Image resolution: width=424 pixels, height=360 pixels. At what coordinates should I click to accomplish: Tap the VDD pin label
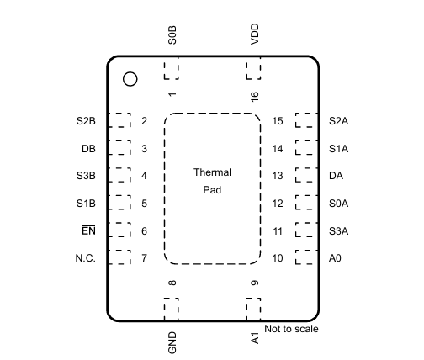[255, 34]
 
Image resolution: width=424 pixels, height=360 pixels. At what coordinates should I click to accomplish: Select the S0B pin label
[172, 35]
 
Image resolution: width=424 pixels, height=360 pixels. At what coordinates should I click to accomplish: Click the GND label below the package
[172, 342]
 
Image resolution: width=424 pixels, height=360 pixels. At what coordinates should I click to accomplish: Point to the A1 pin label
[255, 338]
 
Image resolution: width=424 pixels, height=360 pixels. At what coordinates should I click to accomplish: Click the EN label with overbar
[88, 230]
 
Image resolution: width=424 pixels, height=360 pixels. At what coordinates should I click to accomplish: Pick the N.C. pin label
[86, 258]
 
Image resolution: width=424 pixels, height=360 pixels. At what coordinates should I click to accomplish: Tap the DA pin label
[336, 176]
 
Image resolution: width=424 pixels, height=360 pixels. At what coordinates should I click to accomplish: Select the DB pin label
[88, 149]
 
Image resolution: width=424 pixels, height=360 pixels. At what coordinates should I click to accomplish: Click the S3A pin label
[339, 231]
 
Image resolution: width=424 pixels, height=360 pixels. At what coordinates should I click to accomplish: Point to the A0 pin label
[335, 258]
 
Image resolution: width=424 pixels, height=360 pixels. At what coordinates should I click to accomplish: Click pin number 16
[255, 97]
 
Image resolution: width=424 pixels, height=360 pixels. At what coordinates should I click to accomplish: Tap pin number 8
[172, 283]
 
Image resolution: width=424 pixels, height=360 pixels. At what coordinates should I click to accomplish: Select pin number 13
[278, 176]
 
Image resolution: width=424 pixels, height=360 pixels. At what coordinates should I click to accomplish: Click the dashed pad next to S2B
[119, 120]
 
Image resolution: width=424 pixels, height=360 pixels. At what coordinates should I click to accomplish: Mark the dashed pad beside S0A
[306, 203]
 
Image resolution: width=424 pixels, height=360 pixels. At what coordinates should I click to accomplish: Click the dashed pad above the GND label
[171, 310]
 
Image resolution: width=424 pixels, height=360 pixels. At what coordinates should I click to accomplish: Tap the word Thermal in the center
[212, 172]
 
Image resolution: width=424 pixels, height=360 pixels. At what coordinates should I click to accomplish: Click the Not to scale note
[291, 329]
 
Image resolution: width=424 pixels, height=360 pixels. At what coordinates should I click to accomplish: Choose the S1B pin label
[86, 204]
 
